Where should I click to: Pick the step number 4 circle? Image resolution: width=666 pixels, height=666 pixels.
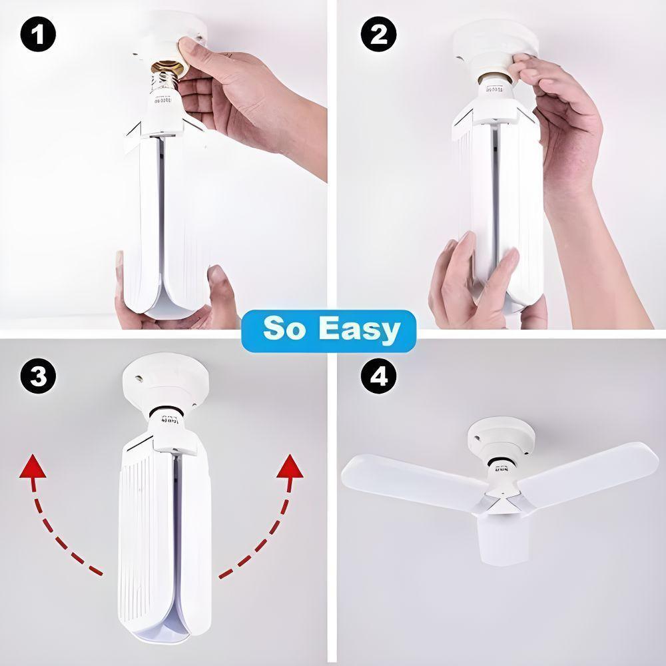[x=378, y=378]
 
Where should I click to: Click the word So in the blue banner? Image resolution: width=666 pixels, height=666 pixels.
[x=285, y=329]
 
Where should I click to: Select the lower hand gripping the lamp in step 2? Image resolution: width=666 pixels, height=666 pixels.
[x=470, y=280]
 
